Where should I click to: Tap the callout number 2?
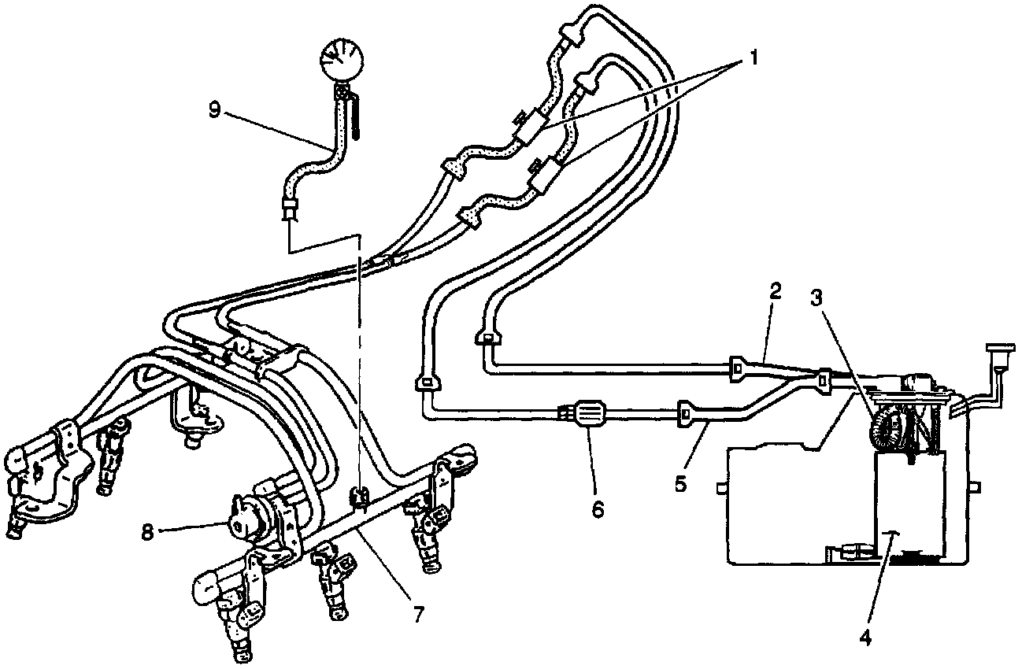775,292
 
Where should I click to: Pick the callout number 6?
597,509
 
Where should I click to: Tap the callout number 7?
415,613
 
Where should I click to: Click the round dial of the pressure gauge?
342,61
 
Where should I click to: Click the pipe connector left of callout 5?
685,412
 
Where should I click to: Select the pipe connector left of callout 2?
739,366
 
